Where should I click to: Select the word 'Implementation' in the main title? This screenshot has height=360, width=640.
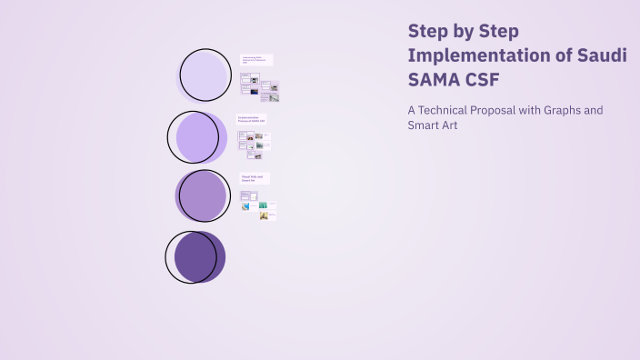(469, 55)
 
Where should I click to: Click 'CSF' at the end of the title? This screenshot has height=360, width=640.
(483, 79)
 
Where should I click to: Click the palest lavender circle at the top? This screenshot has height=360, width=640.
(204, 75)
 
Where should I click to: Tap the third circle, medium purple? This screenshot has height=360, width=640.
(202, 195)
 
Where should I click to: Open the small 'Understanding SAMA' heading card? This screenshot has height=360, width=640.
(256, 60)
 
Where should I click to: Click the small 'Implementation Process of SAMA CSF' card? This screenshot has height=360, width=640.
(252, 119)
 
